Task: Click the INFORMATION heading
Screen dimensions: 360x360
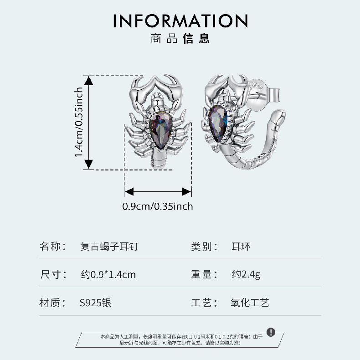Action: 180,21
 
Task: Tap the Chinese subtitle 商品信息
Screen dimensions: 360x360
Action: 180,38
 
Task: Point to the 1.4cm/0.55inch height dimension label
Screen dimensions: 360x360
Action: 78,122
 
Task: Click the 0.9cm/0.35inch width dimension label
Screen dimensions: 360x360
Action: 158,206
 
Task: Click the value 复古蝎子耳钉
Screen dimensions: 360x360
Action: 109,247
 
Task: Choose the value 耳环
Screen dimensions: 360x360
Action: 241,247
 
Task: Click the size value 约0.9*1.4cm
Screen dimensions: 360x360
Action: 108,274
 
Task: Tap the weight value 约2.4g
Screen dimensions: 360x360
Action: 246,274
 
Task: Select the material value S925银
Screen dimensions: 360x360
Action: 95,302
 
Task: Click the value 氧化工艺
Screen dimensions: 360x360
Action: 250,302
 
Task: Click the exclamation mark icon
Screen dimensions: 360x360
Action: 271,332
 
